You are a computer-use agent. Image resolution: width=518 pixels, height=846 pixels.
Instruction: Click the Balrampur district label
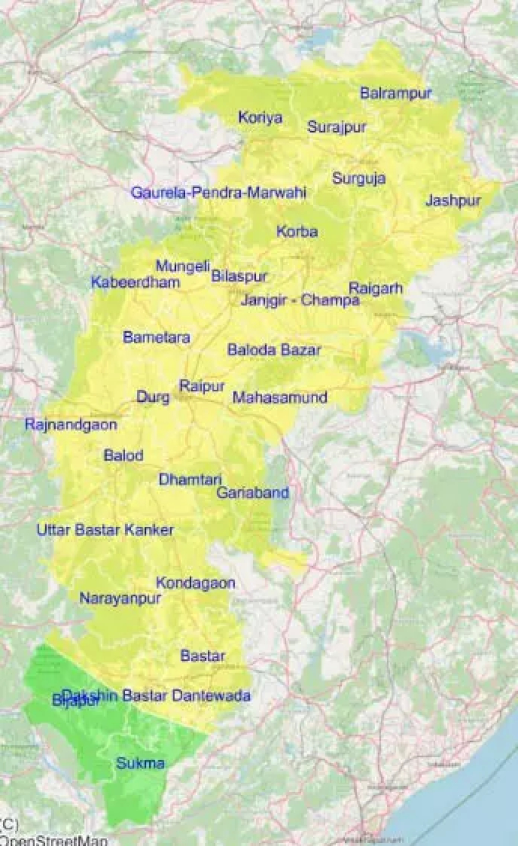point(395,93)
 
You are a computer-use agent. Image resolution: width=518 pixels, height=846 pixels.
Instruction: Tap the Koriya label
point(260,117)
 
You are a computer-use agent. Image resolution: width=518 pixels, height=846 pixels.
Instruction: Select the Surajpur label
point(337,127)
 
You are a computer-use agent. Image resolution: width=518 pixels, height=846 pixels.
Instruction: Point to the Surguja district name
point(358,178)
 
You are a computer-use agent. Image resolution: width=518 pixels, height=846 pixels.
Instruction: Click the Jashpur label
point(453,201)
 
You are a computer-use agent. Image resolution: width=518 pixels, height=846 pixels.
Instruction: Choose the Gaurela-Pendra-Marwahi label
point(219,193)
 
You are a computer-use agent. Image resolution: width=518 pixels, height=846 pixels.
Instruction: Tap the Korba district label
point(297,232)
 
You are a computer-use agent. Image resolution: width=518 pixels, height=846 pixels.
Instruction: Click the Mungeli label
point(183,266)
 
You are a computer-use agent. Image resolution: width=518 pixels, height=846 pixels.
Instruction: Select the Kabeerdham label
point(135,282)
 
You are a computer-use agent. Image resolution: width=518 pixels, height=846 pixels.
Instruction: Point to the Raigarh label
point(375,288)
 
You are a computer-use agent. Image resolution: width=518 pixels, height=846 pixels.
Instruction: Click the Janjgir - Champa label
point(300,300)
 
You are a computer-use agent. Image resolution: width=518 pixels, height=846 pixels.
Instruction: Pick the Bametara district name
point(157,338)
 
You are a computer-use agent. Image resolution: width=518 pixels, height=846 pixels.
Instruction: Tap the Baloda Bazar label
point(274,349)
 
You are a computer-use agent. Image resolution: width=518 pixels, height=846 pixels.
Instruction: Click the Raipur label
point(202,386)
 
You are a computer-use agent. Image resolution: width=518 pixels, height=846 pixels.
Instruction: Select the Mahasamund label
point(279,397)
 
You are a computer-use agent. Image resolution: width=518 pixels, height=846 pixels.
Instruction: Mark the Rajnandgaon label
point(71,425)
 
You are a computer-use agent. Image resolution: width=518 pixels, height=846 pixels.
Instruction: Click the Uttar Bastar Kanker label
point(105,530)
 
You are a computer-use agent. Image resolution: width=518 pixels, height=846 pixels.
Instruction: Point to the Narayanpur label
point(120,598)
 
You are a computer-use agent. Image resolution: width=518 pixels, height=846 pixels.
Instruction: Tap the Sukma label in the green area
point(141,763)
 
